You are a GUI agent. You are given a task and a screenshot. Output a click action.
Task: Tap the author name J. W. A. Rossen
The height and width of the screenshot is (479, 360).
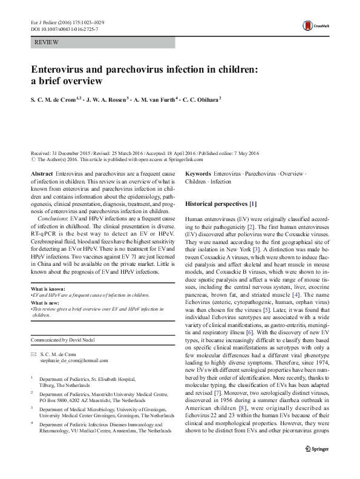click(106, 99)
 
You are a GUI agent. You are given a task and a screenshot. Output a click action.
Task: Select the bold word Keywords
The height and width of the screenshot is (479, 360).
click(198, 173)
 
